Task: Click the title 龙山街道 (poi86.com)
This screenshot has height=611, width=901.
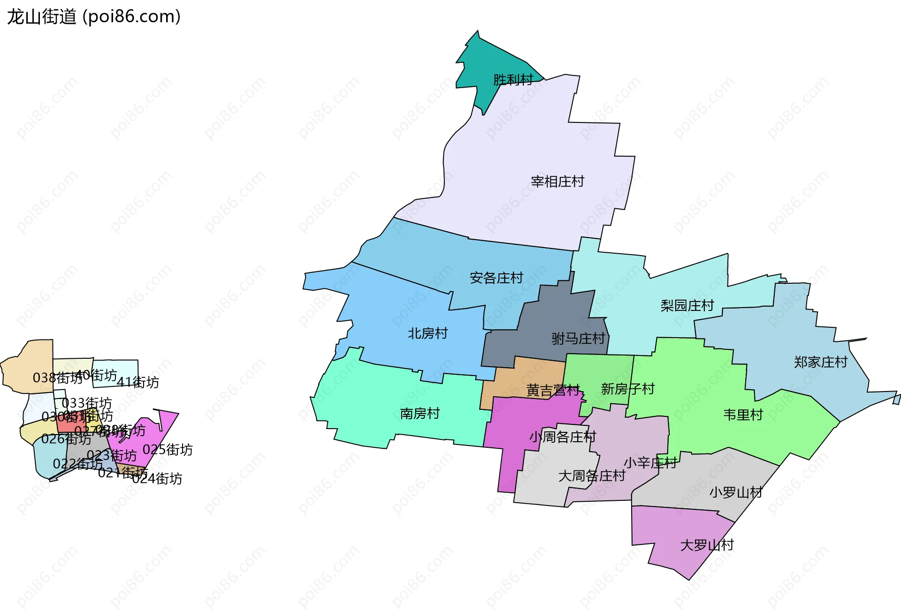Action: pyautogui.click(x=94, y=17)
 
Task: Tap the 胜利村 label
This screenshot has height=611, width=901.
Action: pyautogui.click(x=513, y=80)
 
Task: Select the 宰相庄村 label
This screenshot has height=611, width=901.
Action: pyautogui.click(x=557, y=181)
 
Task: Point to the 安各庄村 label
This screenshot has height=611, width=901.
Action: pyautogui.click(x=496, y=278)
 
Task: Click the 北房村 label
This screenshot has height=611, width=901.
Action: pyautogui.click(x=428, y=333)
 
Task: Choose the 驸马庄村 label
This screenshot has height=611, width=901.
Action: pyautogui.click(x=578, y=339)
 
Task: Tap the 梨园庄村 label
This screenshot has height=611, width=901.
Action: pyautogui.click(x=687, y=306)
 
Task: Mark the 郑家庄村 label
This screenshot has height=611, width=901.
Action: pyautogui.click(x=820, y=362)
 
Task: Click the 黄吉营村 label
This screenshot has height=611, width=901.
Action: pyautogui.click(x=553, y=390)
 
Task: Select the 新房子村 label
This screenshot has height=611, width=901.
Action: pyautogui.click(x=627, y=389)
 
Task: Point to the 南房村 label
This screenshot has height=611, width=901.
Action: pyautogui.click(x=420, y=414)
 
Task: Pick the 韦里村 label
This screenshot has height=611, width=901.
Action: pyautogui.click(x=743, y=415)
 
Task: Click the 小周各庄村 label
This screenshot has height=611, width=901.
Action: pyautogui.click(x=563, y=437)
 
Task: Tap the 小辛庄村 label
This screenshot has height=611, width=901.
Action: pyautogui.click(x=650, y=463)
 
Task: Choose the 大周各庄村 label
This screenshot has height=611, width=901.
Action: pyautogui.click(x=591, y=476)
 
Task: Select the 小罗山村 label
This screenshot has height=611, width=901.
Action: pyautogui.click(x=735, y=492)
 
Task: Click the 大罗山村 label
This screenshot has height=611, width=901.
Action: pyautogui.click(x=707, y=545)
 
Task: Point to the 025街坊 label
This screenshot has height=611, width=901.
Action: pyautogui.click(x=168, y=450)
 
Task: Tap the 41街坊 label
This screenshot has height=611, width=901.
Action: pyautogui.click(x=137, y=383)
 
